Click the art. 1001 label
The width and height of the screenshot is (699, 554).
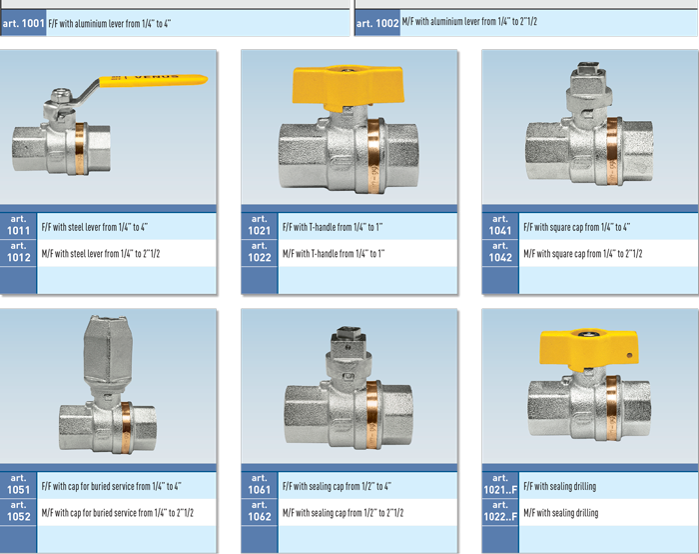(23, 23)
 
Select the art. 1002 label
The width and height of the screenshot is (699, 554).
(377, 23)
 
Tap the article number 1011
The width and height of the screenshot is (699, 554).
(18, 230)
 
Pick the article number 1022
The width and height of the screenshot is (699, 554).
(260, 257)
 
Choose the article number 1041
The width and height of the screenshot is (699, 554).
(500, 230)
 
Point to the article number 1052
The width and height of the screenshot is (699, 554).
(18, 517)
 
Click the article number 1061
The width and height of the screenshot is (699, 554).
(260, 490)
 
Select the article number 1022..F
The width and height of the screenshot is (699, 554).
(500, 517)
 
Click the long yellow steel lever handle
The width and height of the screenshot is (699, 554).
(153, 80)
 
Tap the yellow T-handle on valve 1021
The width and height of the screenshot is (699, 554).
(349, 87)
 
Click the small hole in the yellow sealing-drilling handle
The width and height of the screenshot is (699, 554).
(629, 355)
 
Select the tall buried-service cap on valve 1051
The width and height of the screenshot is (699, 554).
(108, 350)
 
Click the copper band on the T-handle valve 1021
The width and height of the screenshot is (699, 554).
(373, 156)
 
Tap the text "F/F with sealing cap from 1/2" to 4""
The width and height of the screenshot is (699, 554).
(338, 486)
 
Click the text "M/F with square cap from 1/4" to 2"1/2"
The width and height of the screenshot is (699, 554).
(583, 254)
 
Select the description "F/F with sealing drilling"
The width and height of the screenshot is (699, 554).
(560, 486)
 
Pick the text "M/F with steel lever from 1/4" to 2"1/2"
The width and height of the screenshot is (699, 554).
(101, 254)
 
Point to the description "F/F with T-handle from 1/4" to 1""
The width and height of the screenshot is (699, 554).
(333, 227)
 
